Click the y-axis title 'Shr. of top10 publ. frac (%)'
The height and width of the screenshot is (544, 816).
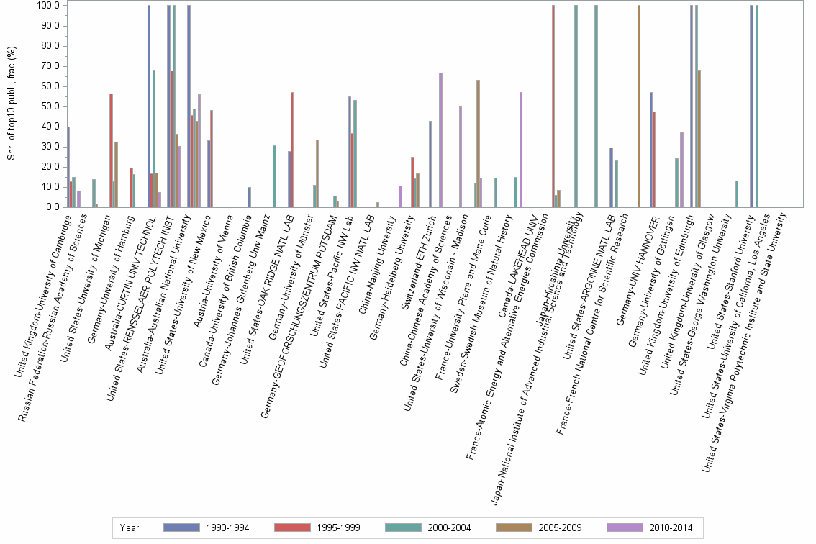12,105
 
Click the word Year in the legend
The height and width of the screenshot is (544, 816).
130,527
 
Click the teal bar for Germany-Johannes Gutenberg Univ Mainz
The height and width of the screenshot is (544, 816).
274,176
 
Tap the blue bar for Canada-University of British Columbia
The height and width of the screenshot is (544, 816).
249,197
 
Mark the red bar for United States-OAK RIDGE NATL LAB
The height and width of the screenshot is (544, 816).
292,150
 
